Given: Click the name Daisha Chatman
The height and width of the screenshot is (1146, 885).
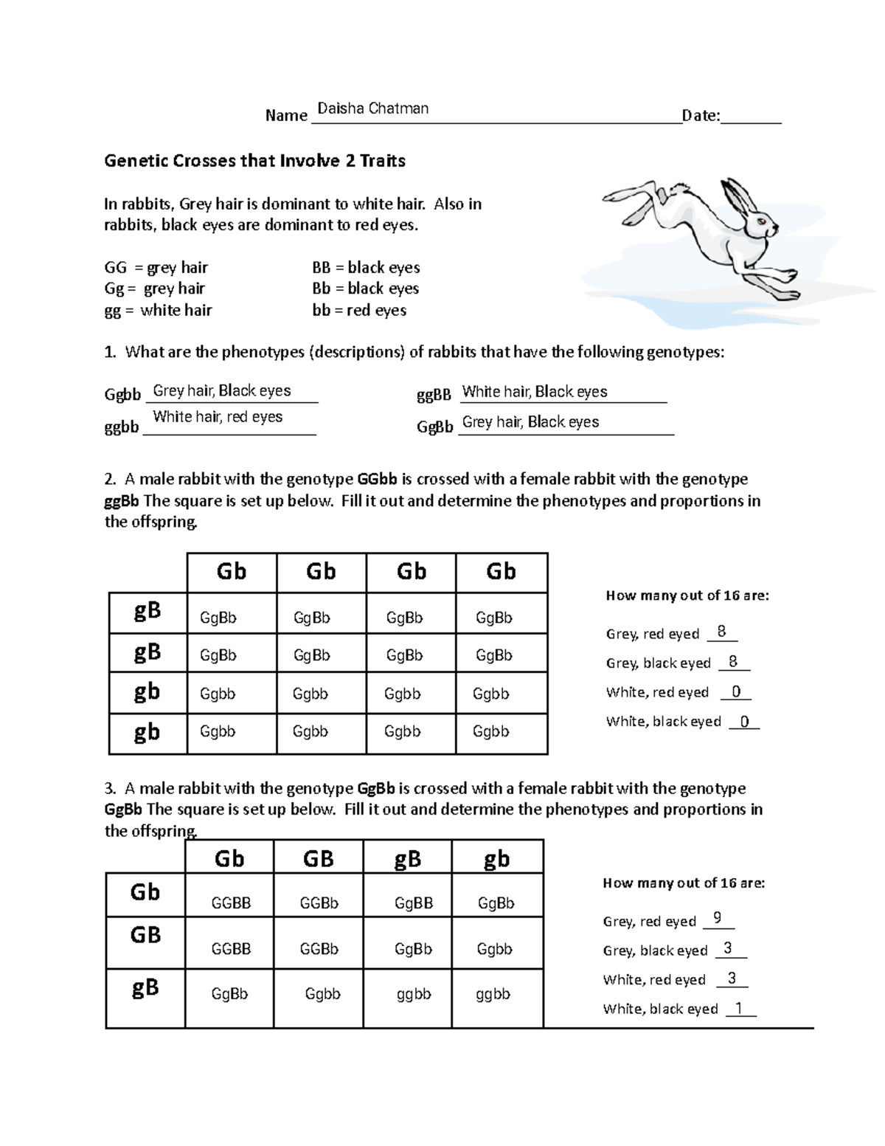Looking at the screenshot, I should point(372,109).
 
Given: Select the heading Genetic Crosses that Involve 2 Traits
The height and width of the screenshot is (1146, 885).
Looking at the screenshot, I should point(254,161).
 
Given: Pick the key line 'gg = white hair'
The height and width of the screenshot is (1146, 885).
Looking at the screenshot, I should point(158,310).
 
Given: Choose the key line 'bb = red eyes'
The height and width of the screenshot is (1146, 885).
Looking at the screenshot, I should point(359,310).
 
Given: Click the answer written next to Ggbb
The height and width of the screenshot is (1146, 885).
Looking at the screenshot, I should point(221,391).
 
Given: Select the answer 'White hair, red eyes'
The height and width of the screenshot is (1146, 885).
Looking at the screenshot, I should point(218,417).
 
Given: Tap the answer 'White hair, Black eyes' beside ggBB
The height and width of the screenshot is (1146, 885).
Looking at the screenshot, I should point(534,392).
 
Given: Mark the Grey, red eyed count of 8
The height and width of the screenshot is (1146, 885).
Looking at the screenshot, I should point(721,632).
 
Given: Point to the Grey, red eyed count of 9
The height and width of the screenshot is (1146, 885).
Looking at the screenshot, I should point(718,919).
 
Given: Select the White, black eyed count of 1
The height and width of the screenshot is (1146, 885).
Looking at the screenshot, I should point(739,1007).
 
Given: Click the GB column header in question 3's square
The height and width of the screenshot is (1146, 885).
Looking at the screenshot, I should point(318,858).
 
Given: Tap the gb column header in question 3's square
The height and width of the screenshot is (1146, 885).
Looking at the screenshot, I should point(496,858).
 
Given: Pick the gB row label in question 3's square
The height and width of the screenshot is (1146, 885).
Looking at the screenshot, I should point(145,987).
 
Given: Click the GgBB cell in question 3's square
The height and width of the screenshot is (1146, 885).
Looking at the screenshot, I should point(413,903).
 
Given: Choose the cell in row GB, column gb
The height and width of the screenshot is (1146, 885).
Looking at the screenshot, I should point(494,949).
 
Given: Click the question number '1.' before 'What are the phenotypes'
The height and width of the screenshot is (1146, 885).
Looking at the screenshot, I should point(111,352).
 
